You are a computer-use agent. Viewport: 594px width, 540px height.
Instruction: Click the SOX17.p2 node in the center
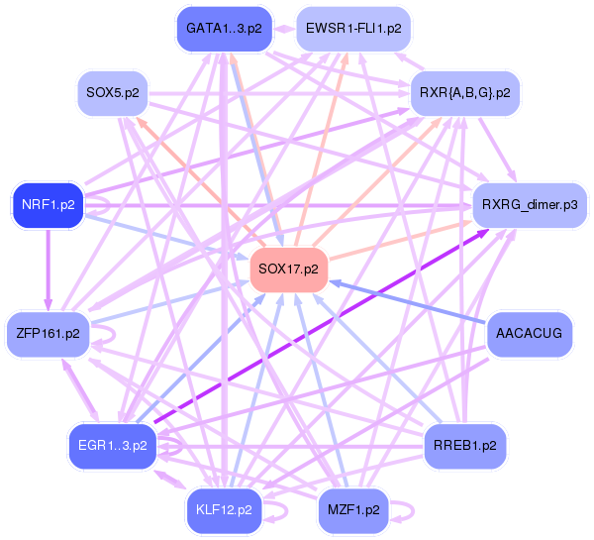click(289, 270)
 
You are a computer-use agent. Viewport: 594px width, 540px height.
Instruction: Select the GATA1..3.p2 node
click(225, 29)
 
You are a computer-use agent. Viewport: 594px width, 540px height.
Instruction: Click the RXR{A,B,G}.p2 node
click(466, 93)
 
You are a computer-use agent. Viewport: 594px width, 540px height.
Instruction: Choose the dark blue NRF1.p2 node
click(48, 205)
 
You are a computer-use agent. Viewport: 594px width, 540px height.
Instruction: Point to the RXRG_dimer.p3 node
click(529, 205)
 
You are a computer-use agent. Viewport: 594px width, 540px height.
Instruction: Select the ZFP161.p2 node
click(49, 333)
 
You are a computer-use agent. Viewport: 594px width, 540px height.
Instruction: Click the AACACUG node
click(529, 333)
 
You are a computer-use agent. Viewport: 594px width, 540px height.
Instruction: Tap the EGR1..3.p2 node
click(113, 445)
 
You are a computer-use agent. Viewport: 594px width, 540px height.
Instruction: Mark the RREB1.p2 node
click(465, 445)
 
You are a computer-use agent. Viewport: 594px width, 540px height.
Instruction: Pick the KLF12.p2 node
click(225, 510)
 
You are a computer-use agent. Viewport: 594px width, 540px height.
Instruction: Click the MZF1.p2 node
click(352, 510)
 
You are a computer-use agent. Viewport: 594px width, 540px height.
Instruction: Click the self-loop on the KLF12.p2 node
click(280, 510)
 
